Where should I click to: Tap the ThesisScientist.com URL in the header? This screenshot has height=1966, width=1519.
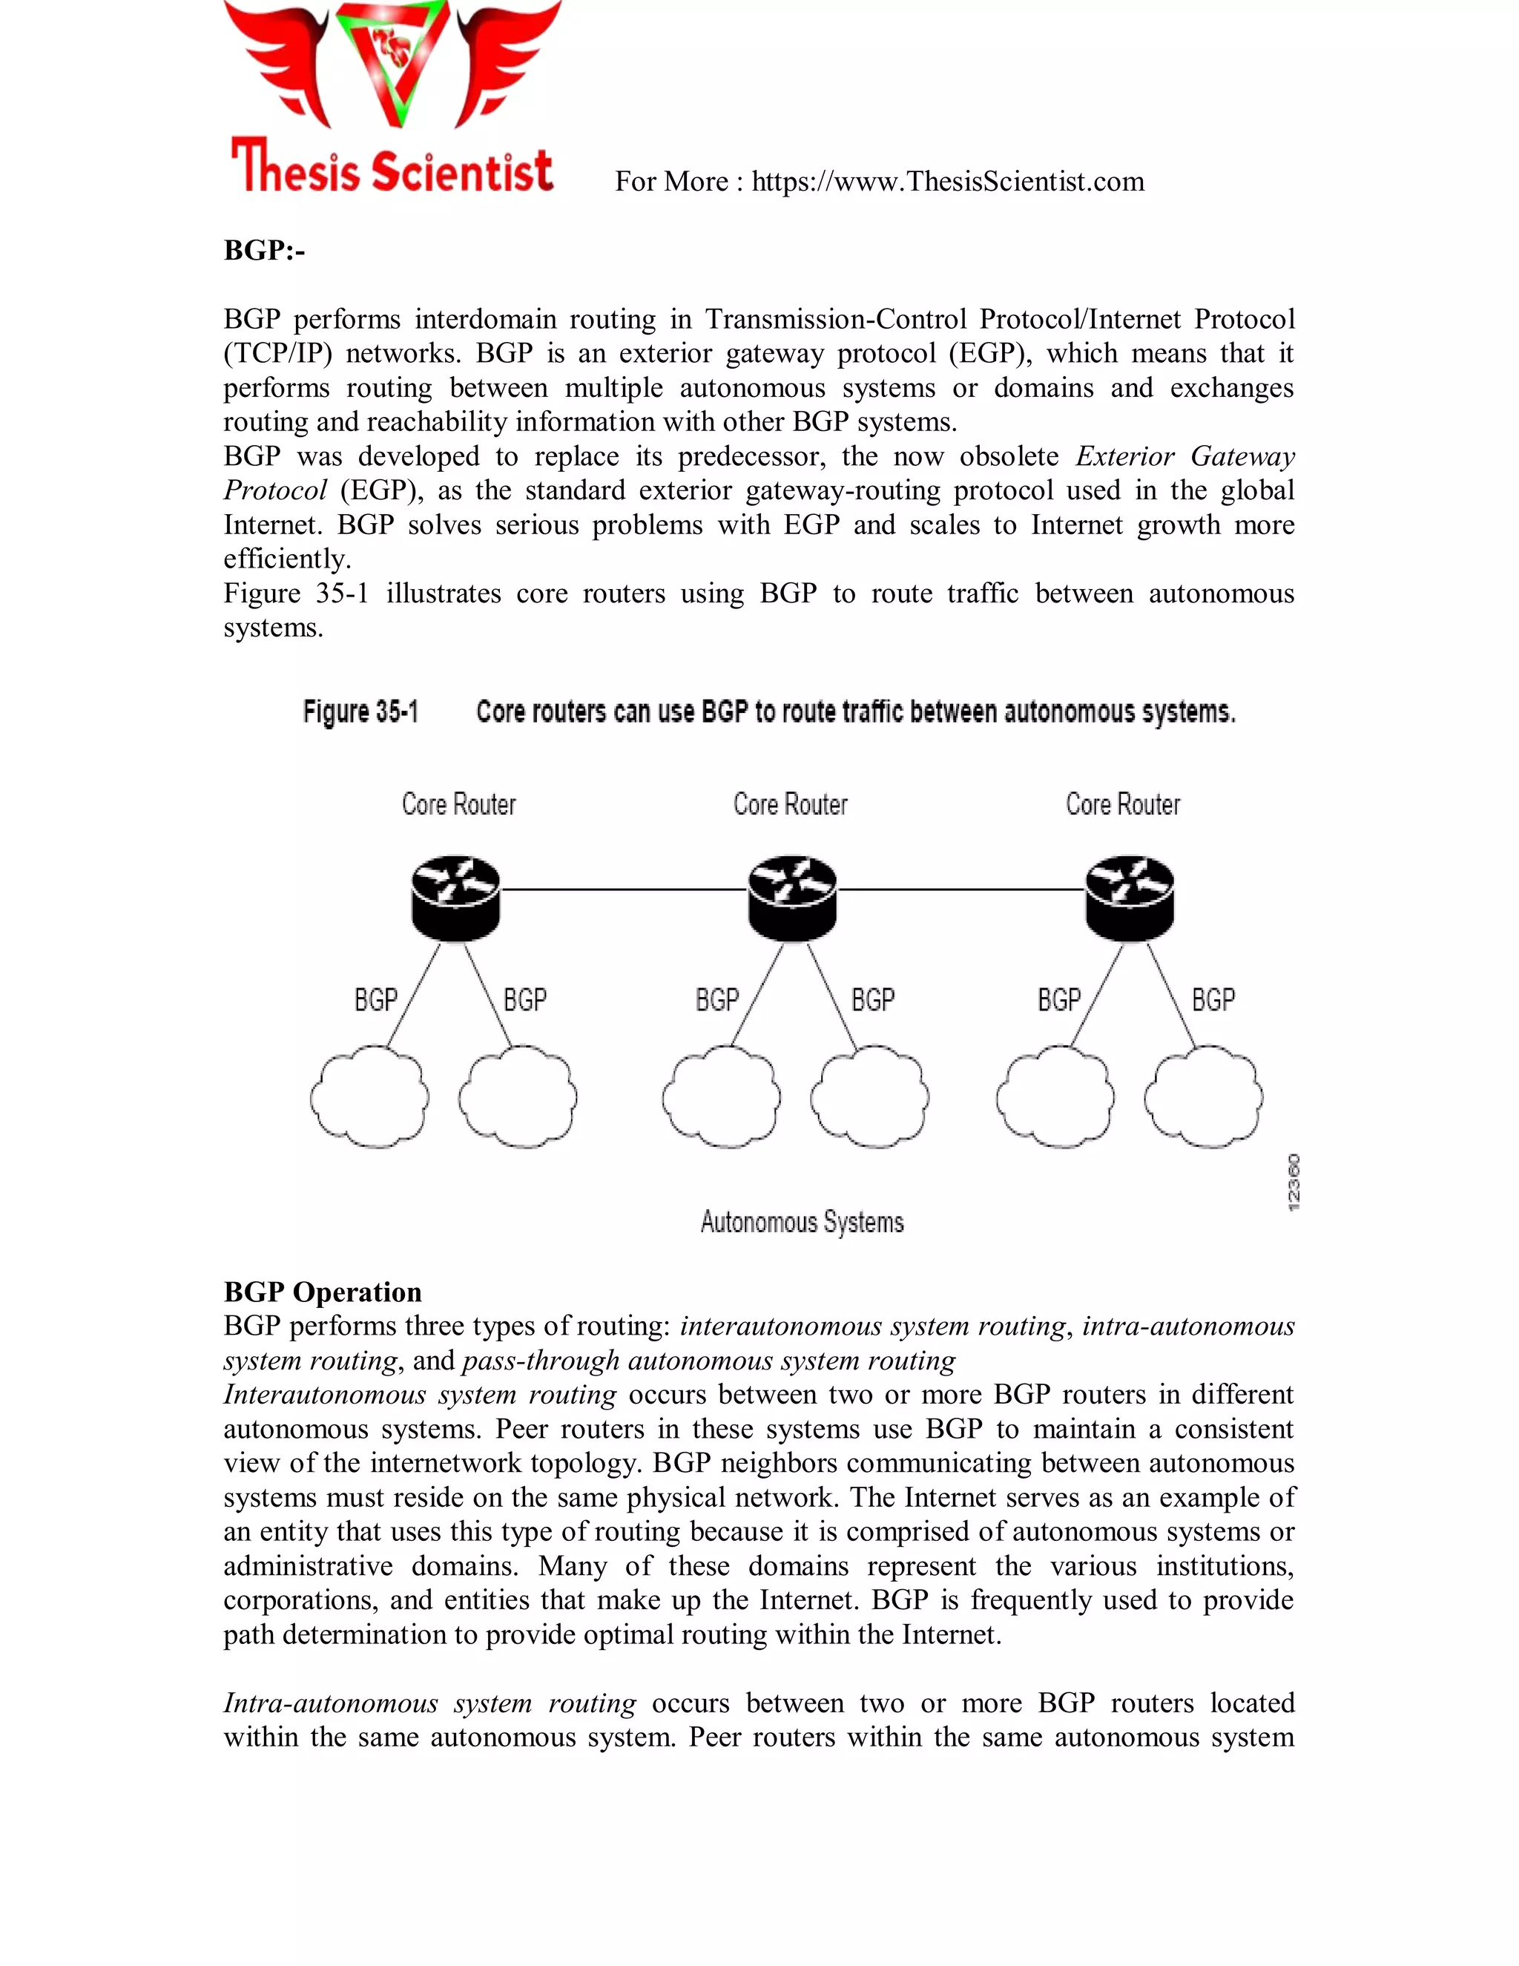[x=948, y=182]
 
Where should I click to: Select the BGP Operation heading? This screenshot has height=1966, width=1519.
[x=322, y=1292]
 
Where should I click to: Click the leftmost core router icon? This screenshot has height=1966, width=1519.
[x=455, y=898]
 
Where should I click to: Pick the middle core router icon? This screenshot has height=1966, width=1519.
[x=792, y=898]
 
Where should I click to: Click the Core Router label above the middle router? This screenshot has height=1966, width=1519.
[x=790, y=804]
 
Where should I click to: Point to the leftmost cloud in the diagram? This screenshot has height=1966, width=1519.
[x=369, y=1097]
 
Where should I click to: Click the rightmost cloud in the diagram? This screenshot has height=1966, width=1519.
[x=1203, y=1097]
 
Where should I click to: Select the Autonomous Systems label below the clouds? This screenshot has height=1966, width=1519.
[x=802, y=1222]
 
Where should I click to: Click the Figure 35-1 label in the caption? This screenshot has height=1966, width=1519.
[x=361, y=712]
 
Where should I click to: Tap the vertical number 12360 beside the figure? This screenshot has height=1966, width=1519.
[x=1293, y=1182]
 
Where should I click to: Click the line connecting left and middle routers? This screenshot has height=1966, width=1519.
[x=623, y=890]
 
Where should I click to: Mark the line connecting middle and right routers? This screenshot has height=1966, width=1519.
[x=961, y=890]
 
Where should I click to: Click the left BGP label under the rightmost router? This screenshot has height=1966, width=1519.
[x=1058, y=1000]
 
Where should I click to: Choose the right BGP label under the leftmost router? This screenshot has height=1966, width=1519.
[x=524, y=1000]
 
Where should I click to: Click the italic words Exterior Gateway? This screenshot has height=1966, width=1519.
[x=1184, y=456]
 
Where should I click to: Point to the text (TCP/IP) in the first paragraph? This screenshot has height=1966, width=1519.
[x=277, y=354]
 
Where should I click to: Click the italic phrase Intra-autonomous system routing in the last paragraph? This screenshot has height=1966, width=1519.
[x=429, y=1703]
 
